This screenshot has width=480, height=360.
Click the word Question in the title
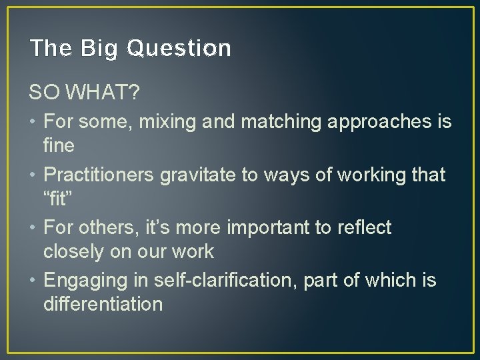[178, 49]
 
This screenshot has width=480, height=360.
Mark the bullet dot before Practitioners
[33, 175]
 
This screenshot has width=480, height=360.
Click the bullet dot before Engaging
[33, 281]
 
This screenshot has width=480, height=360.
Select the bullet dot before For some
[33, 123]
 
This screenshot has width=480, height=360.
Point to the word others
[105, 227]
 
